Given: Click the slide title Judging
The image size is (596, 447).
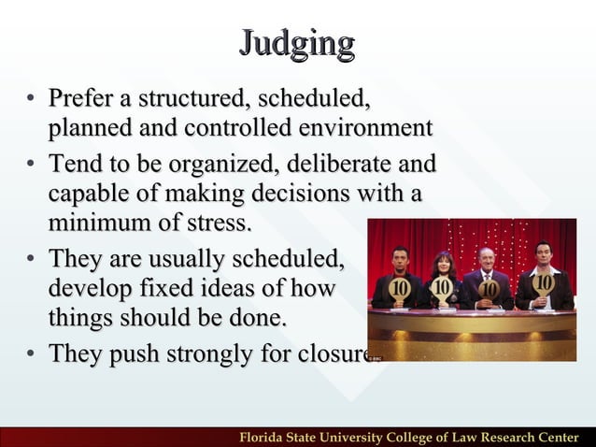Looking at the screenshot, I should coord(297,43).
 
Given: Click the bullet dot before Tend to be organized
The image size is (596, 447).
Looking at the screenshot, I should coord(31,166).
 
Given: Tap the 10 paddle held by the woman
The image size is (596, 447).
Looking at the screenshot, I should coord(443,286).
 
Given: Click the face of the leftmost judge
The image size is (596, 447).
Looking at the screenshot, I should coord(400,255).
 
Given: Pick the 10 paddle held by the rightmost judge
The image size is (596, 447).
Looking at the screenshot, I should coord(543,283).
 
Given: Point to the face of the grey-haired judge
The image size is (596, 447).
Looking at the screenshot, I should coord(486,258).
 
